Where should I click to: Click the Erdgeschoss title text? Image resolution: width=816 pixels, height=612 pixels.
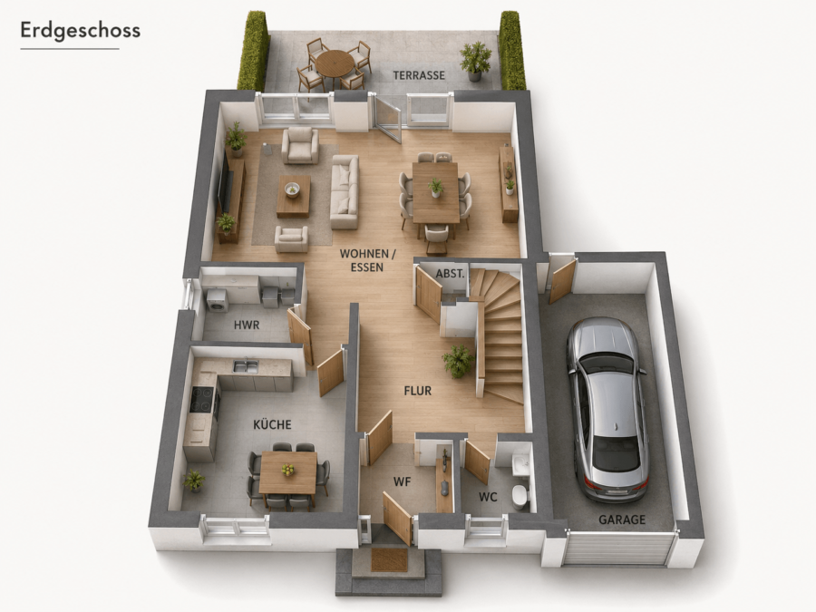(x=80, y=31)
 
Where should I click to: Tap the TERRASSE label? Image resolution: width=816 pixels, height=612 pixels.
(x=419, y=75)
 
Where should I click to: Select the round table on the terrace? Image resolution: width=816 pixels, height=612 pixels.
(x=334, y=63)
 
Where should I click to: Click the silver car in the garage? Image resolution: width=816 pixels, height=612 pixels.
(x=607, y=410)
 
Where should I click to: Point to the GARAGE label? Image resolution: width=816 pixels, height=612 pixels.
(x=622, y=520)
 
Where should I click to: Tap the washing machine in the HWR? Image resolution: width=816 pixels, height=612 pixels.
(x=218, y=301)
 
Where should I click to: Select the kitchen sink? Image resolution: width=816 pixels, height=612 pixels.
(x=246, y=366)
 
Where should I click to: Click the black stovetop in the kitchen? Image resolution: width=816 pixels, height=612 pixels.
(x=202, y=400)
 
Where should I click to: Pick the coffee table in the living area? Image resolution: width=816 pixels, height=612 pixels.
(x=293, y=196)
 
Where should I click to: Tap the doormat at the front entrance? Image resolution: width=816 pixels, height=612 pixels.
(x=389, y=559)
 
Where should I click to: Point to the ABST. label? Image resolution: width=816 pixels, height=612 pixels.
(x=450, y=273)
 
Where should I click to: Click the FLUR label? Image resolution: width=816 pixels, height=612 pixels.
(x=418, y=391)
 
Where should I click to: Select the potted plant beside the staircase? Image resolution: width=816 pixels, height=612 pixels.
(x=458, y=361)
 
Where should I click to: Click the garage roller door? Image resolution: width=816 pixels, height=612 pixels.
(x=616, y=549)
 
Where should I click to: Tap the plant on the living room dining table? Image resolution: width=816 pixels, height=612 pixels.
(x=435, y=188)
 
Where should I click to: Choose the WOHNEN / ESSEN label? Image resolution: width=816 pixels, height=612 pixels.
(x=367, y=260)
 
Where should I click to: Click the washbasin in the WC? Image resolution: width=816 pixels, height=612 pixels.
(x=520, y=463)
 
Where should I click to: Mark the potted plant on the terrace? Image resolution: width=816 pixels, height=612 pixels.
(x=475, y=61)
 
